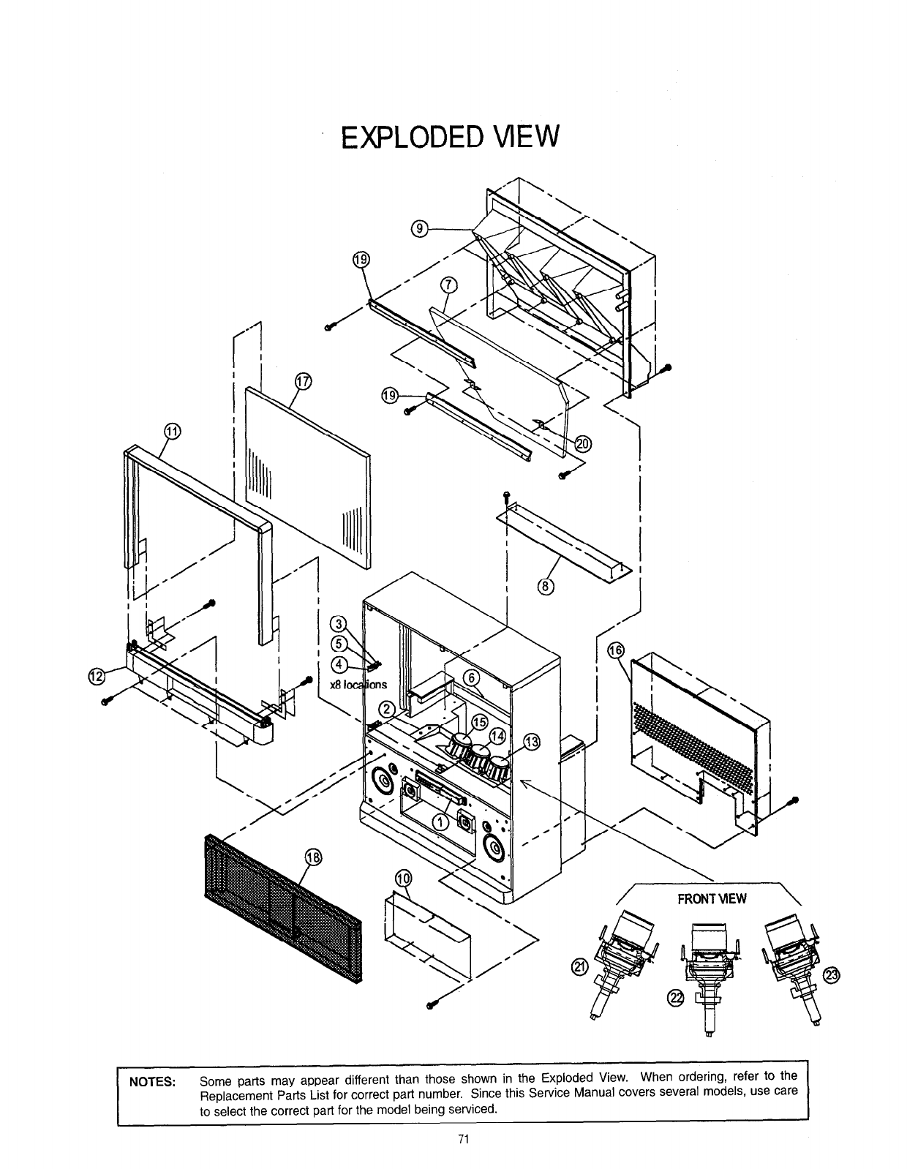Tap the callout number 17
[302, 381]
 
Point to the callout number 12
[96, 677]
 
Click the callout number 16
[616, 652]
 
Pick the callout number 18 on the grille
[312, 858]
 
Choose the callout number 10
[403, 879]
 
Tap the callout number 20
[584, 443]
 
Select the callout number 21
[579, 968]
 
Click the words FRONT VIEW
[712, 898]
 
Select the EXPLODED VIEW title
[451, 136]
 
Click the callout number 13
[532, 743]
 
